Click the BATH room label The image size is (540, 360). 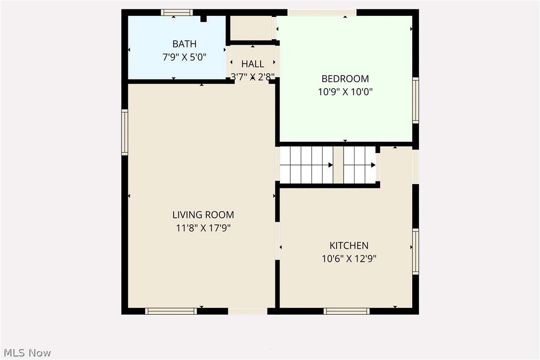pyautogui.click(x=184, y=44)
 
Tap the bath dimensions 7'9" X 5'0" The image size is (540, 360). pyautogui.click(x=184, y=57)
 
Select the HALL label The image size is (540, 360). pyautogui.click(x=253, y=64)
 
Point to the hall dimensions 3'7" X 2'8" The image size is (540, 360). pyautogui.click(x=253, y=77)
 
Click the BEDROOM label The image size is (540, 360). pyautogui.click(x=345, y=79)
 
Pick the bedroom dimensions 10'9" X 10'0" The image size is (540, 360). pyautogui.click(x=345, y=91)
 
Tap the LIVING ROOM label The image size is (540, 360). pyautogui.click(x=203, y=215)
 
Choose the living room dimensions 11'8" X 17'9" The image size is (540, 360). pyautogui.click(x=203, y=228)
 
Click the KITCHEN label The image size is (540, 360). pyautogui.click(x=349, y=246)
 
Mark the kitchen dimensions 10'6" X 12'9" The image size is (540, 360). pyautogui.click(x=349, y=259)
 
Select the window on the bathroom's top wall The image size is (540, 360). pyautogui.click(x=177, y=12)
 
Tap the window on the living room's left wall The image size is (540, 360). pyautogui.click(x=125, y=132)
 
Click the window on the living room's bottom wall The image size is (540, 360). pyautogui.click(x=171, y=311)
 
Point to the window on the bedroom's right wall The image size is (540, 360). pyautogui.click(x=415, y=100)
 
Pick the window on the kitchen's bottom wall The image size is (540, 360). pyautogui.click(x=347, y=311)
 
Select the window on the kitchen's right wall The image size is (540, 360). pyautogui.click(x=415, y=251)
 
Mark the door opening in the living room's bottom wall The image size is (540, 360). pyautogui.click(x=248, y=311)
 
